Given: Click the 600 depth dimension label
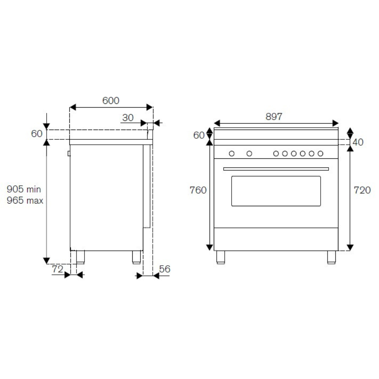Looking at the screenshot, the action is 111,100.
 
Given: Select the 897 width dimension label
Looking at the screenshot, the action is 274,116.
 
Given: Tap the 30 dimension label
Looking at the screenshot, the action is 128,118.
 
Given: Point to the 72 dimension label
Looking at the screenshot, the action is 58,269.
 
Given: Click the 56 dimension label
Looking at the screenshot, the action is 164,269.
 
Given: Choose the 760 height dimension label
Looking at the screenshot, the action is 198,190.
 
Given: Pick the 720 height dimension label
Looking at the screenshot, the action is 362,190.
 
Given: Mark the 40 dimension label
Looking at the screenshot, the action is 358,142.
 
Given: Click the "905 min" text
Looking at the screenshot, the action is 23,189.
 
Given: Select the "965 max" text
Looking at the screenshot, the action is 25,200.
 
